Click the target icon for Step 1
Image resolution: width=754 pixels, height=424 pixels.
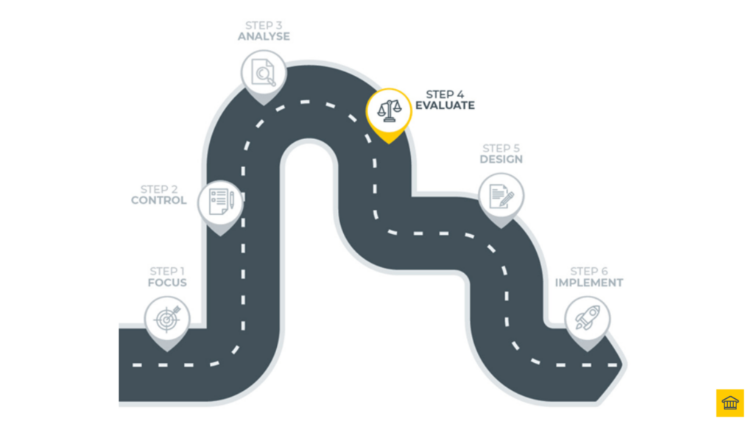pyautogui.click(x=167, y=319)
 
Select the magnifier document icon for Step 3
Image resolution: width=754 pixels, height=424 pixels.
pyautogui.click(x=264, y=72)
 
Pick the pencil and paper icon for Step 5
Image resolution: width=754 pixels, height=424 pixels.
pyautogui.click(x=501, y=195)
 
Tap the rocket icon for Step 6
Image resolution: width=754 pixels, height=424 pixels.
pyautogui.click(x=588, y=318)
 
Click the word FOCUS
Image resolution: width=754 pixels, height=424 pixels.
pyautogui.click(x=167, y=283)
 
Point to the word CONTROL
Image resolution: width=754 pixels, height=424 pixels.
pyautogui.click(x=159, y=200)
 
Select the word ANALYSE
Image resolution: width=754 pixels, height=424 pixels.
pyautogui.click(x=264, y=36)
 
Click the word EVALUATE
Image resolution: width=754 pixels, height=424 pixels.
pyautogui.click(x=445, y=105)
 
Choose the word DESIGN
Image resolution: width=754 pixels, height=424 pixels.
pyautogui.click(x=501, y=159)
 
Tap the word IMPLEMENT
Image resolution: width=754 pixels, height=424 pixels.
pyautogui.click(x=589, y=283)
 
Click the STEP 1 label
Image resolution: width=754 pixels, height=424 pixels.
pyautogui.click(x=167, y=272)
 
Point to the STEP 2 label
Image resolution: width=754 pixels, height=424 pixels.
pyautogui.click(x=159, y=189)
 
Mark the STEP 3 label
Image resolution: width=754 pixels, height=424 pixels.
pyautogui.click(x=264, y=25)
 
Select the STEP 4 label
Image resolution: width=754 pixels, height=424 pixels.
pyautogui.click(x=445, y=94)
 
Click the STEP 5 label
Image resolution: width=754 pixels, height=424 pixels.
pyautogui.click(x=501, y=148)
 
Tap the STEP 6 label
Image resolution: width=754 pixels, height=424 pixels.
pyautogui.click(x=589, y=272)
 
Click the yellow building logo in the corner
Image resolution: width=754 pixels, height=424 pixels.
pyautogui.click(x=730, y=403)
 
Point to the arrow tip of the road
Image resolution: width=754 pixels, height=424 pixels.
pyautogui.click(x=623, y=364)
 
